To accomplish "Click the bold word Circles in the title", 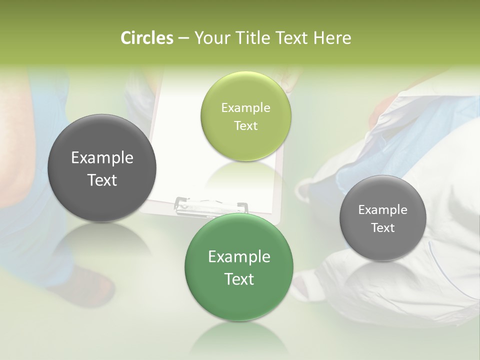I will pyautogui.click(x=147, y=38).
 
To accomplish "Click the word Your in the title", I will pyautogui.click(x=209, y=38).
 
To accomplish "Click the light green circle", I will pyautogui.click(x=246, y=116).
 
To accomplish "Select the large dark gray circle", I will pyautogui.click(x=102, y=168).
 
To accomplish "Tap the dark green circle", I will pyautogui.click(x=239, y=267).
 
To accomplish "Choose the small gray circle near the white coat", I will pyautogui.click(x=383, y=218).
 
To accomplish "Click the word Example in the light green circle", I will pyautogui.click(x=246, y=108).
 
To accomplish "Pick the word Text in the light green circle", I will pyautogui.click(x=246, y=125).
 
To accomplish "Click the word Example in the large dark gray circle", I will pyautogui.click(x=102, y=158).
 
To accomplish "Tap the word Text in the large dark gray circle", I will pyautogui.click(x=102, y=180).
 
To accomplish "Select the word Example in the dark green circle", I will pyautogui.click(x=239, y=257).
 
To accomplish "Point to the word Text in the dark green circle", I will pyautogui.click(x=239, y=279).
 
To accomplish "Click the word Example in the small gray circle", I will pyautogui.click(x=383, y=210).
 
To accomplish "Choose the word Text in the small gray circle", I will pyautogui.click(x=383, y=228).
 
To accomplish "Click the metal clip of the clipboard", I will pyautogui.click(x=211, y=205).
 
